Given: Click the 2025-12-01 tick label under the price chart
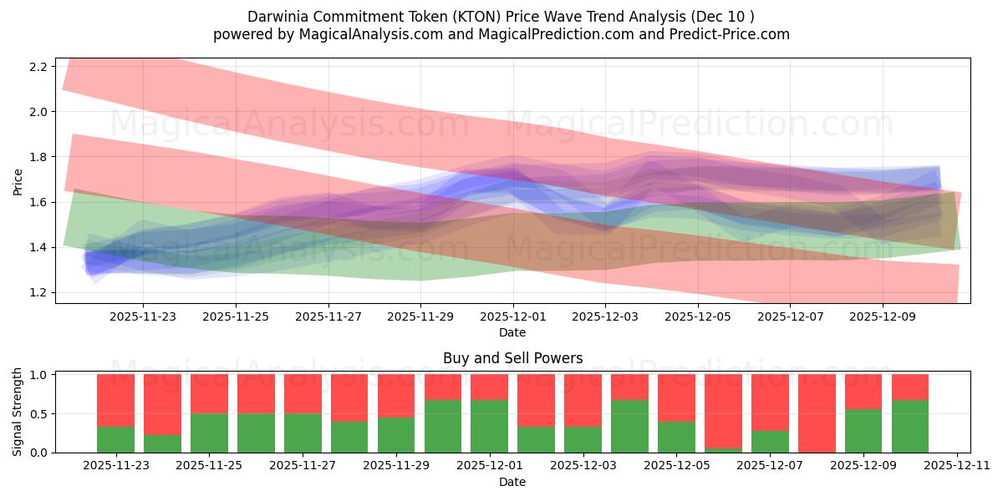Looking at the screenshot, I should (x=513, y=317).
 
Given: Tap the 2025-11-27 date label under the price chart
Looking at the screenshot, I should (x=328, y=317).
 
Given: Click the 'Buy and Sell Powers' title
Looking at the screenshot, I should (x=512, y=358).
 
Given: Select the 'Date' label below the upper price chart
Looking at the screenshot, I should (x=512, y=332).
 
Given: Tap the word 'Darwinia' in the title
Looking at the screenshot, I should (x=277, y=17).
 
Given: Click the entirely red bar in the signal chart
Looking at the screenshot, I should (x=817, y=413).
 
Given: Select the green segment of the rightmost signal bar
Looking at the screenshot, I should (x=910, y=426).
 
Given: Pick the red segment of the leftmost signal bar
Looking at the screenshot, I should (x=116, y=400).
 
